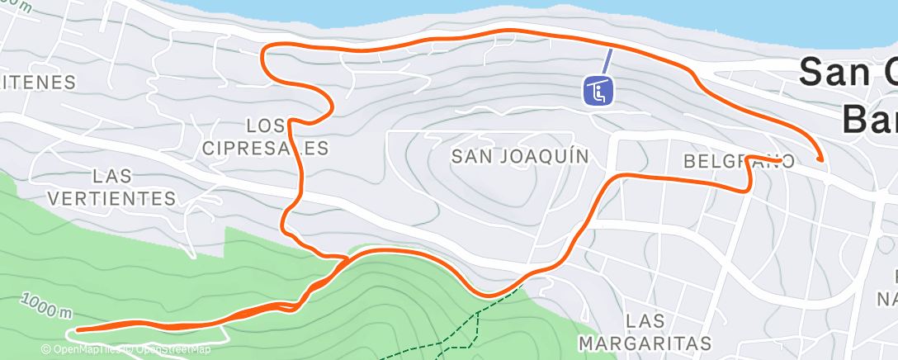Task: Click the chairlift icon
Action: point(598,90)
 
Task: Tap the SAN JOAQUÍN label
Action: point(520,157)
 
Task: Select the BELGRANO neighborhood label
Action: point(739,162)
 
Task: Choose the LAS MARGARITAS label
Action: point(645,331)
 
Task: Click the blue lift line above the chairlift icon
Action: point(607,60)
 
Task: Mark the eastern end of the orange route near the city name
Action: point(820,159)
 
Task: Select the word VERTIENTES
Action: point(123,199)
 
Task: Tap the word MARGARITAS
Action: point(645,343)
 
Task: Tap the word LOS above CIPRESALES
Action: point(266,126)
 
